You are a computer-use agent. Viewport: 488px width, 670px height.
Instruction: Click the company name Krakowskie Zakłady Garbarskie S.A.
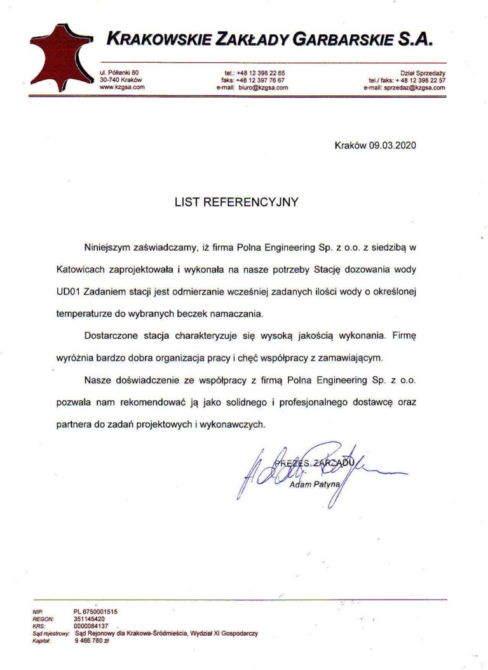click(x=270, y=39)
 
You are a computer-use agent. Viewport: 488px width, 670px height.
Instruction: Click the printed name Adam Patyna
click(x=315, y=485)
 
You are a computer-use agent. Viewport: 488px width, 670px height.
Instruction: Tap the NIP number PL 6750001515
click(x=96, y=611)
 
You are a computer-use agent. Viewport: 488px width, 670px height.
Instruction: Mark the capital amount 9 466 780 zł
click(x=92, y=640)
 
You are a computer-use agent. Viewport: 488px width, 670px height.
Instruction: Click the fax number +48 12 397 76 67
click(x=261, y=81)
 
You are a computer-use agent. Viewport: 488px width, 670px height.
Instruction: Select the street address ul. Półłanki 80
click(x=119, y=73)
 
